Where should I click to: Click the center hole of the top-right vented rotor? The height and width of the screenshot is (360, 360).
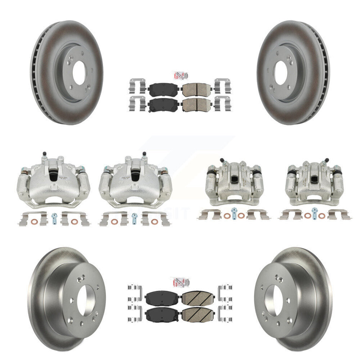pyautogui.click(x=281, y=73)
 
